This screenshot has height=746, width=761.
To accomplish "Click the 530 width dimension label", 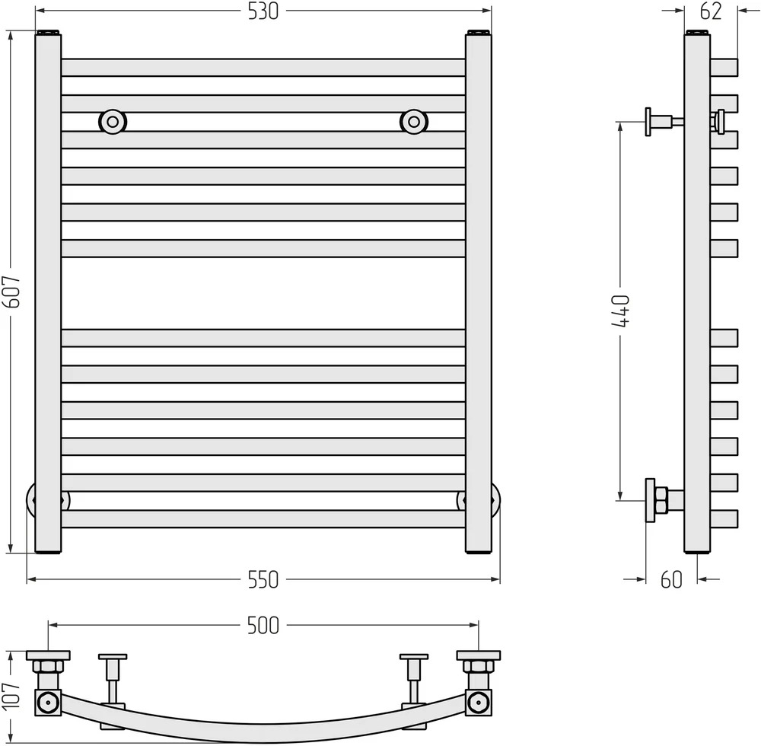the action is coord(263,11).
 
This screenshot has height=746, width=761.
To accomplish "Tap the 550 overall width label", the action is coord(263,579).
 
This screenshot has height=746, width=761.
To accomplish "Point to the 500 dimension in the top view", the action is coord(263,626).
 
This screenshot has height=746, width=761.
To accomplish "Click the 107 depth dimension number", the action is coord(12,695).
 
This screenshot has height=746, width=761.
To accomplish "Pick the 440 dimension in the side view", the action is coord(621,311).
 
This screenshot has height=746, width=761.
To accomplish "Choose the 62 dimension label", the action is coord(711,11).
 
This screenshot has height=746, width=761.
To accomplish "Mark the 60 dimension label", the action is coord(672,579).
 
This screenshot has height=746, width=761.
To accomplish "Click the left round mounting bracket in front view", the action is coord(113,121).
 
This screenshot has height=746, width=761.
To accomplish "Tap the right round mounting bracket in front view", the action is coord(414,121).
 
